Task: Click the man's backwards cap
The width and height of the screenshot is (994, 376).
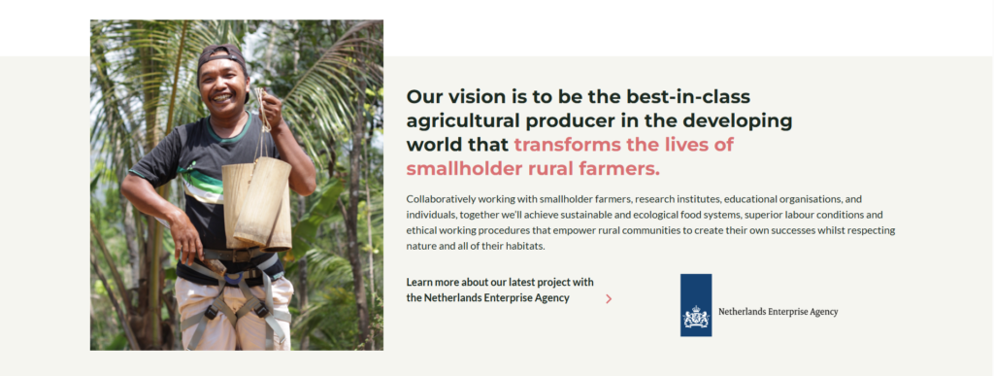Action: [221, 55]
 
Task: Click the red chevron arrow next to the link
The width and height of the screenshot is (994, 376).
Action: [609, 298]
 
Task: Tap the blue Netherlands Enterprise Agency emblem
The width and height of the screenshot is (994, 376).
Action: [695, 305]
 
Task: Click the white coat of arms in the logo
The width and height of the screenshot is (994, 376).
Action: [695, 317]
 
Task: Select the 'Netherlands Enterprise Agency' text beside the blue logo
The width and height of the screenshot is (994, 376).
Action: [778, 312]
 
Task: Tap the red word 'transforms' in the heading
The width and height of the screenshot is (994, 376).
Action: [566, 145]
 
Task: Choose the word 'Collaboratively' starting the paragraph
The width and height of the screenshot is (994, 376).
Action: [438, 199]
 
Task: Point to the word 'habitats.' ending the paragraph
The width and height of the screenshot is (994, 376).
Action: [525, 246]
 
